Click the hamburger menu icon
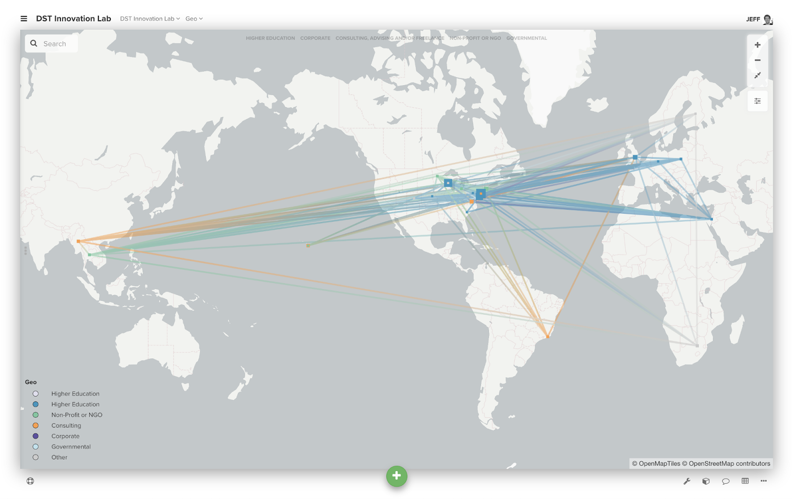(24, 19)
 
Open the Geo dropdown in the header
(194, 19)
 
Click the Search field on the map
(54, 44)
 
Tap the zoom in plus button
(757, 45)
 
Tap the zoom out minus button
(757, 60)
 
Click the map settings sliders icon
(757, 101)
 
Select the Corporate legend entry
(65, 436)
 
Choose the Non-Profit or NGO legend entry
(77, 415)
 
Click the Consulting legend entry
(66, 426)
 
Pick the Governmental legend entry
(71, 447)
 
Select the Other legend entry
(59, 457)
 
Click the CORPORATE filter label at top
(315, 38)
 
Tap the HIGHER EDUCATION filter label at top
(270, 38)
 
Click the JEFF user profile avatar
(767, 19)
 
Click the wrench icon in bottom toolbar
(687, 481)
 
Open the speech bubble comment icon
(726, 481)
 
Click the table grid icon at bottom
(745, 481)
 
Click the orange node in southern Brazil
(547, 337)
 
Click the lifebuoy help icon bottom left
(30, 481)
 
